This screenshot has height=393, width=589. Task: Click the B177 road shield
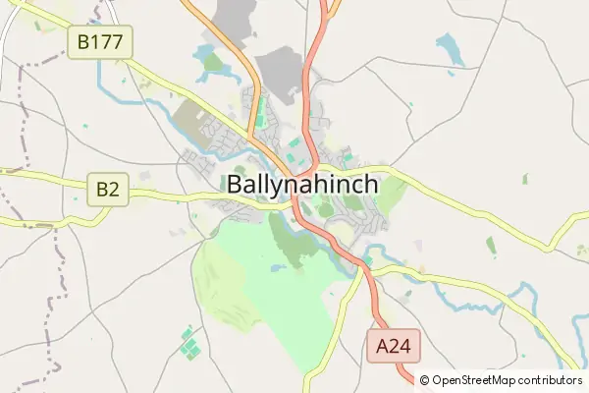click(x=99, y=40)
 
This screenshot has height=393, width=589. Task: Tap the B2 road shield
click(x=108, y=189)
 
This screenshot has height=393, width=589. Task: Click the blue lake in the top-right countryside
click(x=451, y=48)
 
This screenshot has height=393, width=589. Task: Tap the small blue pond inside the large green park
click(x=278, y=266)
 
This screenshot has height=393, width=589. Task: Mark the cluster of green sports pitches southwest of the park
click(x=189, y=345)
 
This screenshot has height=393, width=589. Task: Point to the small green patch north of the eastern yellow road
click(x=524, y=180)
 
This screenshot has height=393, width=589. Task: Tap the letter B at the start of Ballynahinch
click(x=236, y=185)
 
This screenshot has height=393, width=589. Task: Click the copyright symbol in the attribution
click(x=425, y=380)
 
